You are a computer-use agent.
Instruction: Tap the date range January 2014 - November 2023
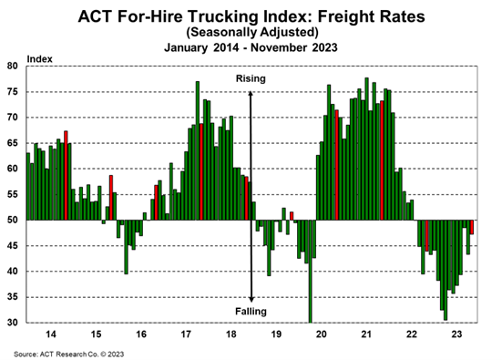tap(251, 47)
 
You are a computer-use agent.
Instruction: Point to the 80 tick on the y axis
tap(13, 67)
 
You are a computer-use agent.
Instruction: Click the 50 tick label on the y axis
tap(13, 221)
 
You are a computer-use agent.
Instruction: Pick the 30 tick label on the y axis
tap(13, 323)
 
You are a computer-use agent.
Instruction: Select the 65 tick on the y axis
tap(13, 143)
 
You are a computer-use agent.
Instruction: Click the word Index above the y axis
tap(40, 58)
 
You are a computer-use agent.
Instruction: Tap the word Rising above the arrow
tap(251, 78)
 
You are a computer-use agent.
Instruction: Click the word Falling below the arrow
tap(251, 312)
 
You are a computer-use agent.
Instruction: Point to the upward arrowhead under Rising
tap(251, 90)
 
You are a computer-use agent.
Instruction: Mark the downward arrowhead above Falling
tap(251, 299)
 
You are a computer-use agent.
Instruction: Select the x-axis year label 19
tap(275, 334)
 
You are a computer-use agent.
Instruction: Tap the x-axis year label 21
tap(365, 334)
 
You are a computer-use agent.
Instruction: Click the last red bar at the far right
tap(472, 227)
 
